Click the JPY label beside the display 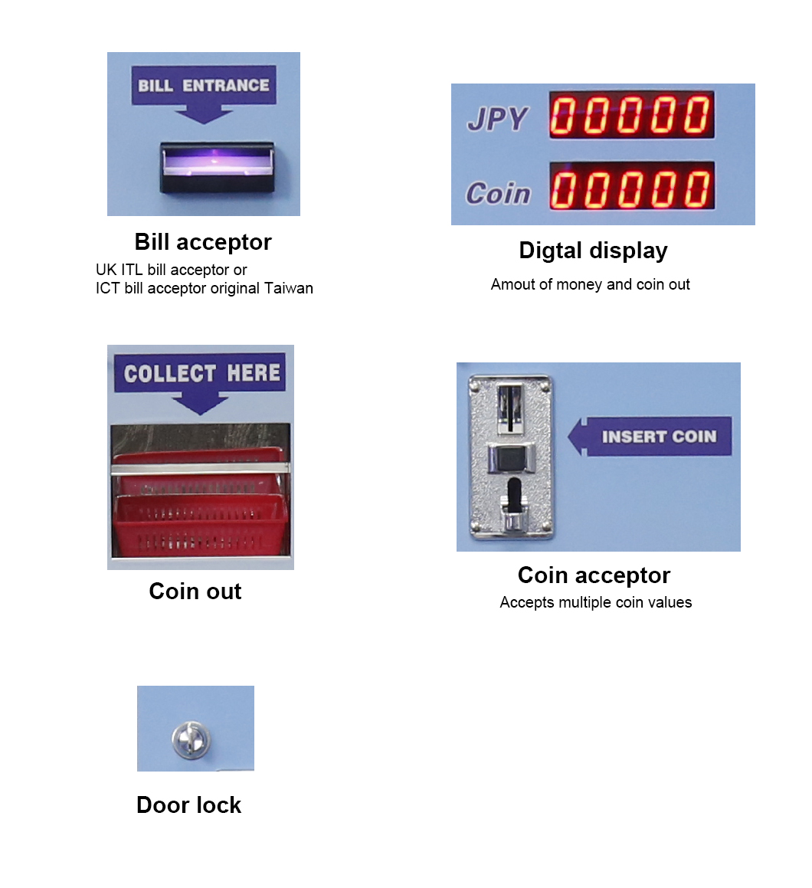497,119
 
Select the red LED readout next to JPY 631,114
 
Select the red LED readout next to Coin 631,185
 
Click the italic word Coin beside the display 498,193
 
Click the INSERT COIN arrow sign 650,436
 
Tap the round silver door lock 192,739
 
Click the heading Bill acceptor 203,242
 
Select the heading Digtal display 593,251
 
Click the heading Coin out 195,591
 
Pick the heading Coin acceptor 594,575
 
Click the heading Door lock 188,804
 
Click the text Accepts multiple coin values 596,602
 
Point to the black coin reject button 511,457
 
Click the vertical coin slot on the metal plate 510,408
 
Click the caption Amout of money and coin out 590,284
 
